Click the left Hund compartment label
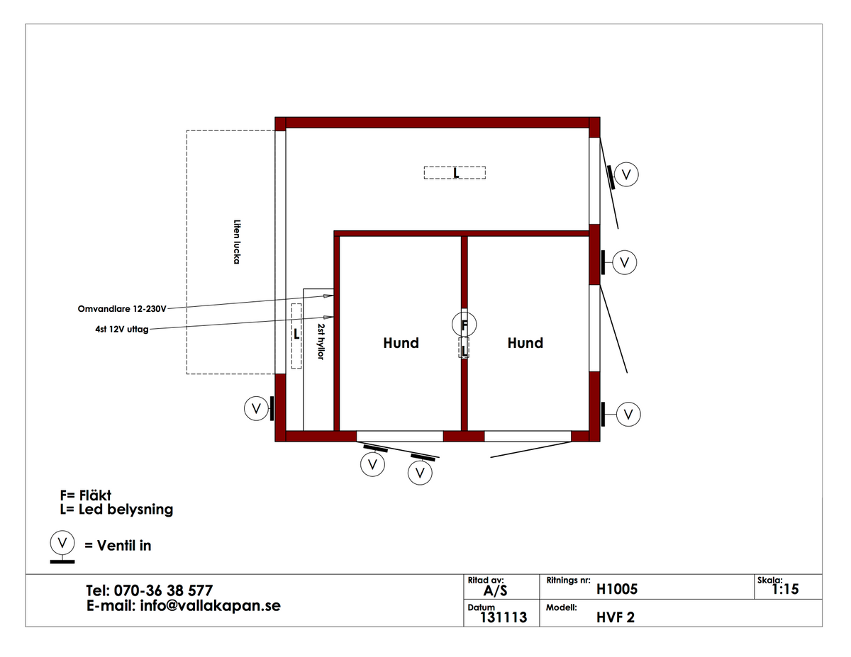click(401, 343)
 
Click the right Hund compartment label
click(525, 343)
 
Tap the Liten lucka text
click(237, 242)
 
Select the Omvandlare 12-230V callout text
click(122, 309)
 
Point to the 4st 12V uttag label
click(122, 329)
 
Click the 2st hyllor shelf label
click(321, 341)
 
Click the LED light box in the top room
click(455, 172)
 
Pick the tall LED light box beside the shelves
click(296, 336)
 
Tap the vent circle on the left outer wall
click(256, 408)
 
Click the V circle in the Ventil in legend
click(62, 543)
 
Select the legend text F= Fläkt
click(85, 495)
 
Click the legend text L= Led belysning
click(116, 510)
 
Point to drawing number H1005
click(617, 589)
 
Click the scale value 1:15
click(785, 589)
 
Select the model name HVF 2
click(616, 617)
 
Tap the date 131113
click(504, 617)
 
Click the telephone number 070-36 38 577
click(163, 590)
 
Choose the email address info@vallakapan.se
click(211, 606)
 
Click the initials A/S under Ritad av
click(495, 591)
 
